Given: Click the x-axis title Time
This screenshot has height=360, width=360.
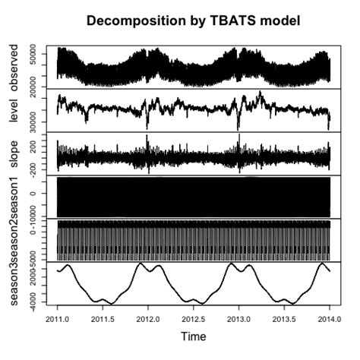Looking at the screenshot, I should [193, 335].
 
